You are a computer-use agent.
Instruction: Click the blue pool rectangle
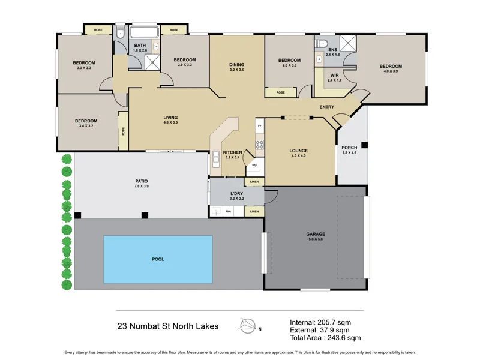pos(158,259)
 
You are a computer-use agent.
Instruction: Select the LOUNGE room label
pos(298,151)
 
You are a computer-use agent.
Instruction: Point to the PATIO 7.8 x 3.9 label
pos(142,184)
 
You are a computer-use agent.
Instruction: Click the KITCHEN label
pos(232,152)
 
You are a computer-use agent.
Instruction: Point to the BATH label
pos(140,46)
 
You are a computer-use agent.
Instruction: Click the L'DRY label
pos(236,194)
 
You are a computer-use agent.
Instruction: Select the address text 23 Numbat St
pos(144,327)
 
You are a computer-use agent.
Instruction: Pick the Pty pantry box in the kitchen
pos(254,164)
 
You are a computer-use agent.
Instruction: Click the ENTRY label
pos(327,107)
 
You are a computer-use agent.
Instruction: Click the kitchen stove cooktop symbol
pos(260,144)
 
